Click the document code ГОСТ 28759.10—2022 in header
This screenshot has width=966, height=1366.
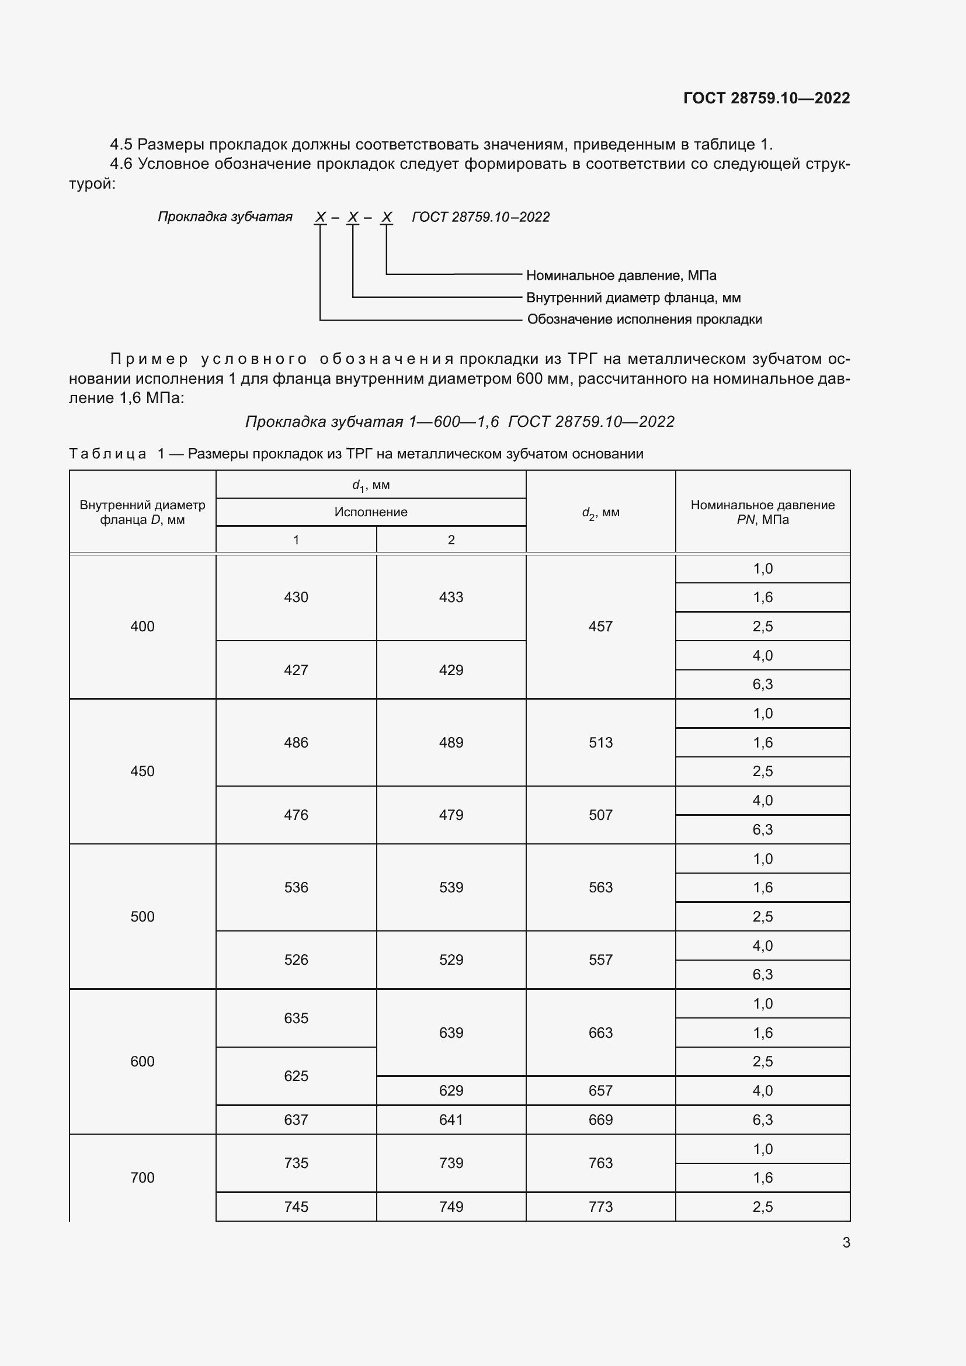[766, 98]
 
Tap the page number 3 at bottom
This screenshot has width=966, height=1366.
[846, 1242]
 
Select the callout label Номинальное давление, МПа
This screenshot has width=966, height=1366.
[621, 276]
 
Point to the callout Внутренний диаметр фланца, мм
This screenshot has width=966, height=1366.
[633, 297]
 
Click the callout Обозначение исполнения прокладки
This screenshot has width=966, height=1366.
[644, 319]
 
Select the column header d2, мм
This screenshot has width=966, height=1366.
[600, 512]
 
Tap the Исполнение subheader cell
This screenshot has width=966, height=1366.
[371, 512]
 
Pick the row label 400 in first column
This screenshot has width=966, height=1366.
[142, 627]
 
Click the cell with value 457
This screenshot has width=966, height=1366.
[600, 627]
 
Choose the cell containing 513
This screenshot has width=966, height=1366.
[600, 742]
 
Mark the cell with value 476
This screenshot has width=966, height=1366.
[296, 815]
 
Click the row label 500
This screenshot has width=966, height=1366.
[142, 917]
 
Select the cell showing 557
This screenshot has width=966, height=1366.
[600, 960]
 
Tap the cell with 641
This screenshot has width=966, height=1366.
[451, 1120]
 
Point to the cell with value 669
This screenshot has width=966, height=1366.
[600, 1120]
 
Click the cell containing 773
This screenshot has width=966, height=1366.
[600, 1207]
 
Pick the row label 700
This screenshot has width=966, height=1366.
[142, 1177]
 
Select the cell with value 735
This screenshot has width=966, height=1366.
[296, 1163]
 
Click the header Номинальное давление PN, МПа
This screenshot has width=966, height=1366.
[762, 512]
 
